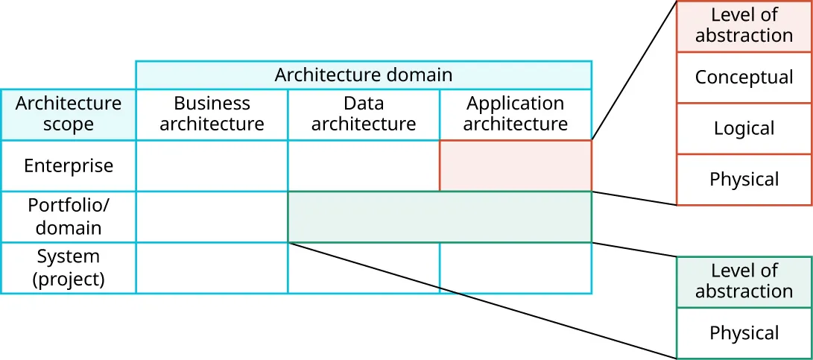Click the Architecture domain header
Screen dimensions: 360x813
(363, 75)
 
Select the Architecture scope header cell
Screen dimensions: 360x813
(68, 114)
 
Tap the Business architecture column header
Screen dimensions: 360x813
(212, 114)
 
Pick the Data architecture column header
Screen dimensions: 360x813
(363, 114)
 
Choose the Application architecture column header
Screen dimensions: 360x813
(515, 114)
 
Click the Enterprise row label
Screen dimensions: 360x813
(68, 165)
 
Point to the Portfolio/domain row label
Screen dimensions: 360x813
(68, 216)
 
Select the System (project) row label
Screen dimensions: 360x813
(68, 268)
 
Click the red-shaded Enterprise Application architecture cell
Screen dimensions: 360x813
(515, 165)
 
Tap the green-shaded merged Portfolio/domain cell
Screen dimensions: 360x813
(439, 217)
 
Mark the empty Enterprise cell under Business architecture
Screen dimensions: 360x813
(212, 165)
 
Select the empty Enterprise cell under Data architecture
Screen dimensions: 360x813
(363, 165)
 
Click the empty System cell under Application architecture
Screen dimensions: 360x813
(515, 268)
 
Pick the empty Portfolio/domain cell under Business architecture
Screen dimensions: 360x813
(212, 217)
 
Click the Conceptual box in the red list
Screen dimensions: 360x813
(744, 78)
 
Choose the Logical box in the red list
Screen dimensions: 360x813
(744, 128)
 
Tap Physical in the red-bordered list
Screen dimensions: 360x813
(744, 180)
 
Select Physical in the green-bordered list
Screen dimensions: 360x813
(744, 333)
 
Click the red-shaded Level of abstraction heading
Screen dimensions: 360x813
(744, 26)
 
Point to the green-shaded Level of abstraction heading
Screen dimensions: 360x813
(744, 282)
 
